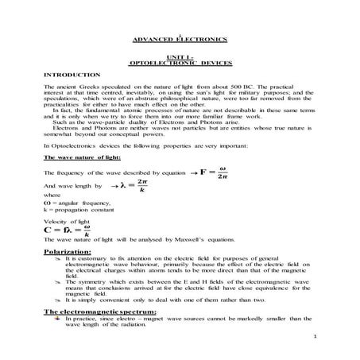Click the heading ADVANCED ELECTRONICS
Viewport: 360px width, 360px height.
point(180,39)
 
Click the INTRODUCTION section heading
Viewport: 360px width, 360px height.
point(72,74)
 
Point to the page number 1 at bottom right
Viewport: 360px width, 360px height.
point(315,337)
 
